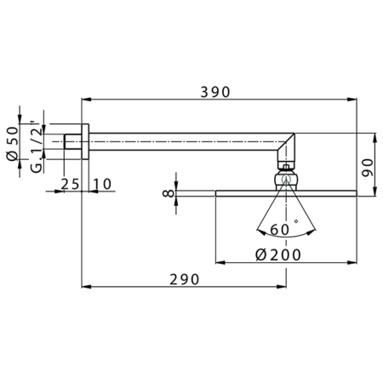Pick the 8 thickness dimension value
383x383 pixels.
point(169,194)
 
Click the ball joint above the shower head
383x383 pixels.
point(286,180)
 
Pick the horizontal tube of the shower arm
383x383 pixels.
point(187,140)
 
